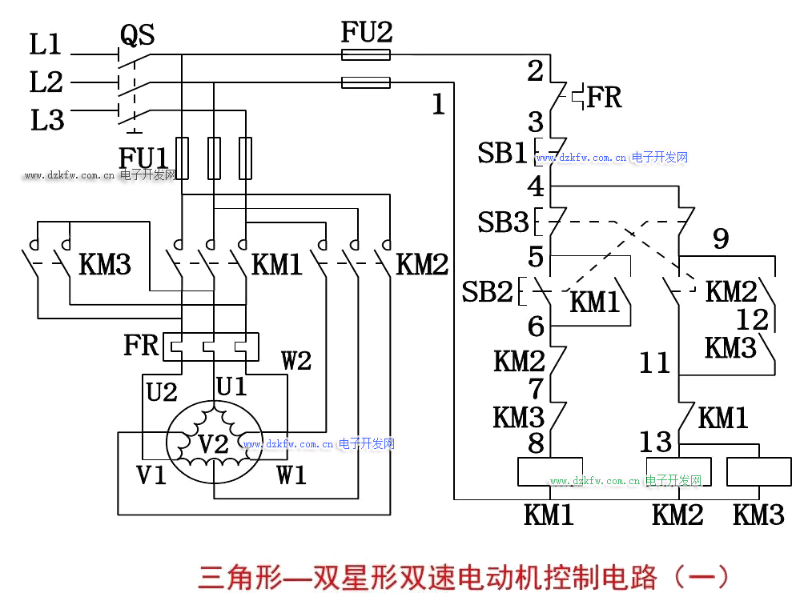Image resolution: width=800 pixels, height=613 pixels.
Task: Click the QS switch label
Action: [x=137, y=35]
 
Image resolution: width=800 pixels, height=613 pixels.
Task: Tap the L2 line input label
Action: [x=46, y=82]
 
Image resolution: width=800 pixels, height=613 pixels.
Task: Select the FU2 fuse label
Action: [x=367, y=33]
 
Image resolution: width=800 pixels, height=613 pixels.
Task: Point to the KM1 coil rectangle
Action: [x=549, y=471]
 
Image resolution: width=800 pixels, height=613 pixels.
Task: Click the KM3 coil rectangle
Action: [x=758, y=471]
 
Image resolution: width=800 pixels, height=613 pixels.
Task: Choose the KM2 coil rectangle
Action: [x=679, y=471]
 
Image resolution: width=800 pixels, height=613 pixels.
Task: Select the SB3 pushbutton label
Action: [x=503, y=222]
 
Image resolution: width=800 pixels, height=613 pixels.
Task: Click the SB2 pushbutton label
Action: [x=487, y=292]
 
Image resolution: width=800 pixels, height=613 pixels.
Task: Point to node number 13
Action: [x=655, y=442]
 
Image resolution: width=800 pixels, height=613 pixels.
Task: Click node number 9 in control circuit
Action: [x=721, y=238]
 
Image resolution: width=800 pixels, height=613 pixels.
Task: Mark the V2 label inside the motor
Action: [x=213, y=443]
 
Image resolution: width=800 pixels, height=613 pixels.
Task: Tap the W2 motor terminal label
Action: [x=295, y=361]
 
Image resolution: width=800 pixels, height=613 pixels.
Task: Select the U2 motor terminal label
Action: [x=162, y=391]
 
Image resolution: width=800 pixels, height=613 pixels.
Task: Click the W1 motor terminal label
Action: [x=291, y=475]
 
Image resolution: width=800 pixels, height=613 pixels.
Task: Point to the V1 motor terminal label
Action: [x=151, y=475]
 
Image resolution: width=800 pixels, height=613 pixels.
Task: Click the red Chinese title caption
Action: [x=464, y=577]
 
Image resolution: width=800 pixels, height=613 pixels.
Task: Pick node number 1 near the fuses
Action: [x=438, y=105]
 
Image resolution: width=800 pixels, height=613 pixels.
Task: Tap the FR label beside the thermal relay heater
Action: [x=141, y=345]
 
